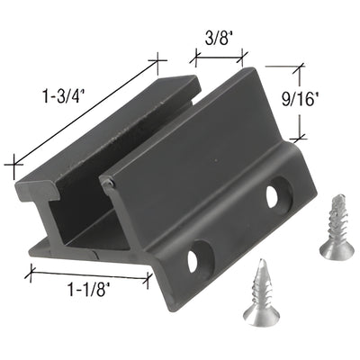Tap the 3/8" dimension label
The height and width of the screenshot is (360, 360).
[220, 39]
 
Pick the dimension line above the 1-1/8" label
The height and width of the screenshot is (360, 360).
[90, 273]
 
